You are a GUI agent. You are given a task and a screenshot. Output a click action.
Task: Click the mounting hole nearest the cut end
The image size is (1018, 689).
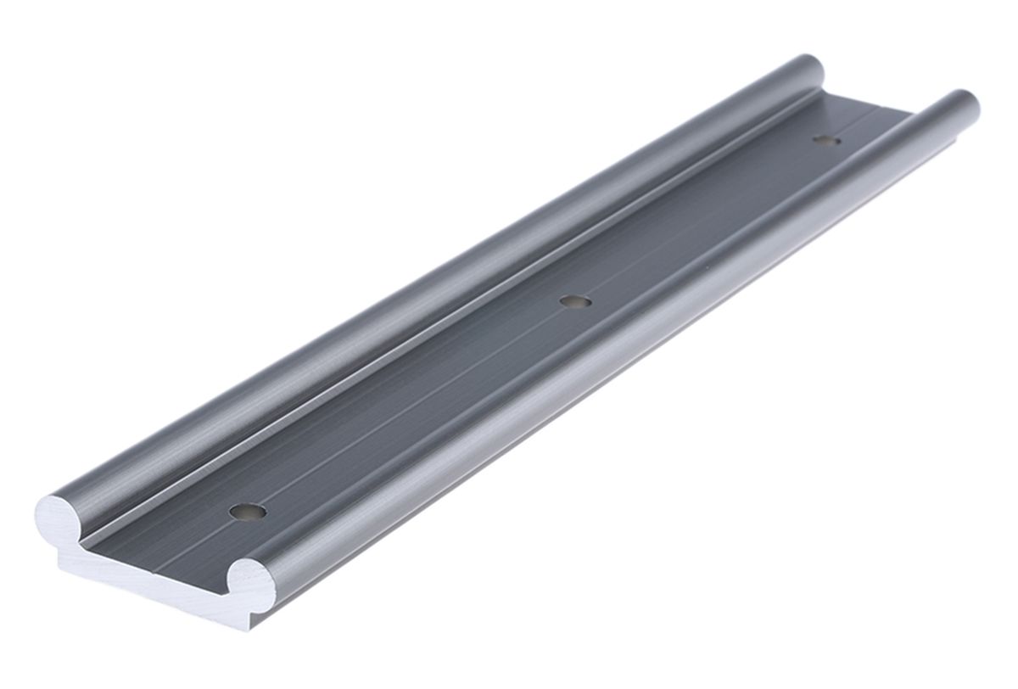(248, 512)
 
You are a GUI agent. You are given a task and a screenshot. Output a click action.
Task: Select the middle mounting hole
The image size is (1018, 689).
(575, 300)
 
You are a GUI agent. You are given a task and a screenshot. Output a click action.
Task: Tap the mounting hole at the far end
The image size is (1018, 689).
(825, 139)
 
